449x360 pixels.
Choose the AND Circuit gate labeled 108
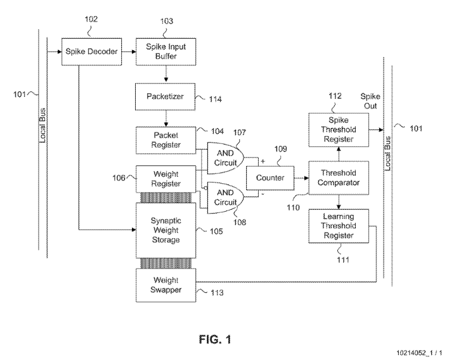pos(223,198)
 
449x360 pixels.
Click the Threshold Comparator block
pos(337,177)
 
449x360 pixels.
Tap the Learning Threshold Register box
pos(337,226)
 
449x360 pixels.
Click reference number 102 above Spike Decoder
pos(91,19)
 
